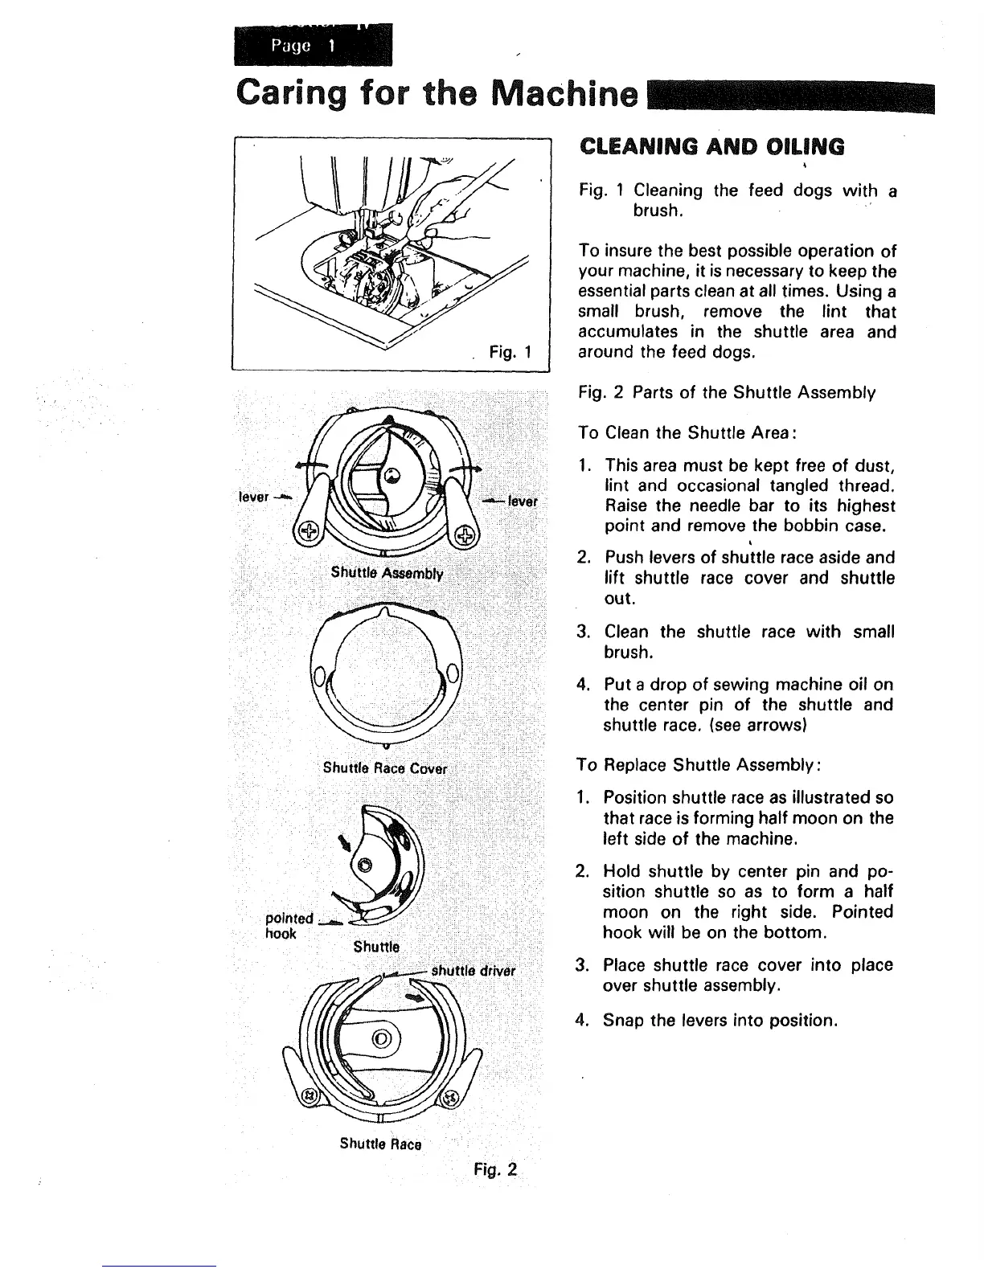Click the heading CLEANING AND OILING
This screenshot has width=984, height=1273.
[711, 146]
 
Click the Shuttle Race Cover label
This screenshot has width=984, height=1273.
[384, 767]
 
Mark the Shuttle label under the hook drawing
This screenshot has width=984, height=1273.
[376, 946]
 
